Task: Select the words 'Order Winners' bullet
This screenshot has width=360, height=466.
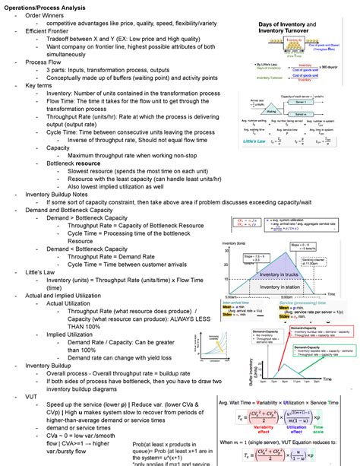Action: (46, 15)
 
